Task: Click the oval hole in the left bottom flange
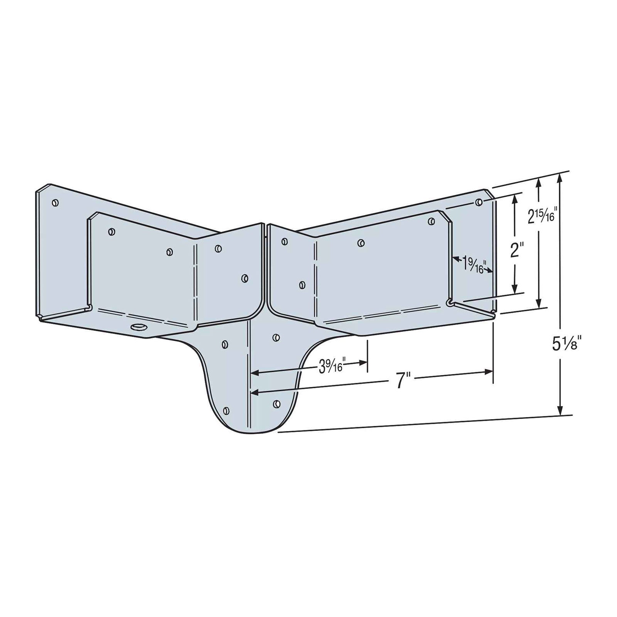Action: [x=139, y=327]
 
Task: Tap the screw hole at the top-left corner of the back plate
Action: [x=55, y=202]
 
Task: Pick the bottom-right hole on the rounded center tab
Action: [x=276, y=404]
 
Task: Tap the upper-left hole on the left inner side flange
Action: [x=112, y=231]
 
